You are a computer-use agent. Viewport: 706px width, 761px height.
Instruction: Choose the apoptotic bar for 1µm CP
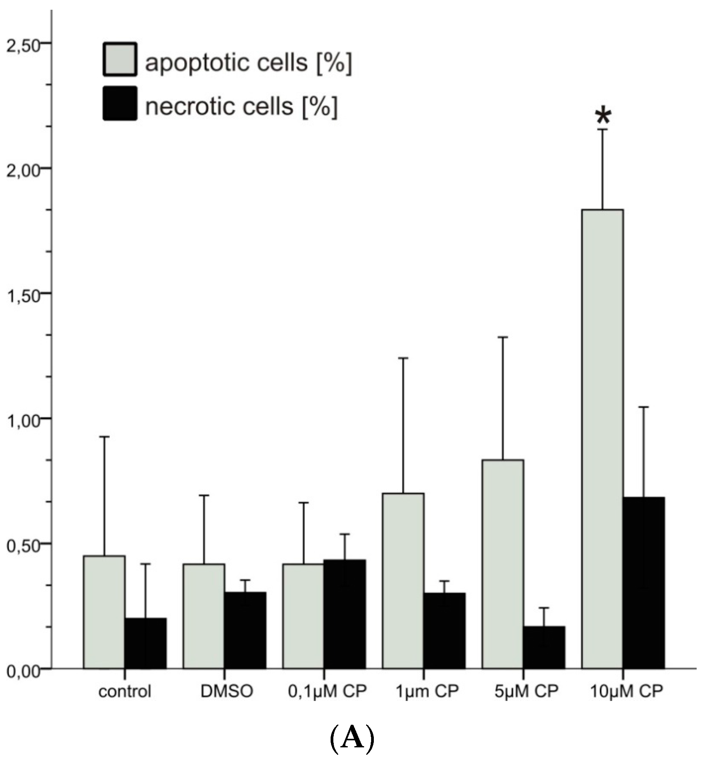point(403,581)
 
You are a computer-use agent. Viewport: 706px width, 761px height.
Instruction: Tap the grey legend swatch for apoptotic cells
point(120,59)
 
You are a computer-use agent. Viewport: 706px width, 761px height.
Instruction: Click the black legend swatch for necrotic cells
point(120,103)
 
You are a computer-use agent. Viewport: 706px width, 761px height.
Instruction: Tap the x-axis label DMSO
point(227,691)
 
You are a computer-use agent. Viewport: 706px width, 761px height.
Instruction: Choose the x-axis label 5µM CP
point(526,691)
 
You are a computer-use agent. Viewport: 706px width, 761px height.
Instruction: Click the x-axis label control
point(125,692)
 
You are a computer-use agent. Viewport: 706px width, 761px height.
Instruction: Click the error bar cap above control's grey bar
point(104,437)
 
